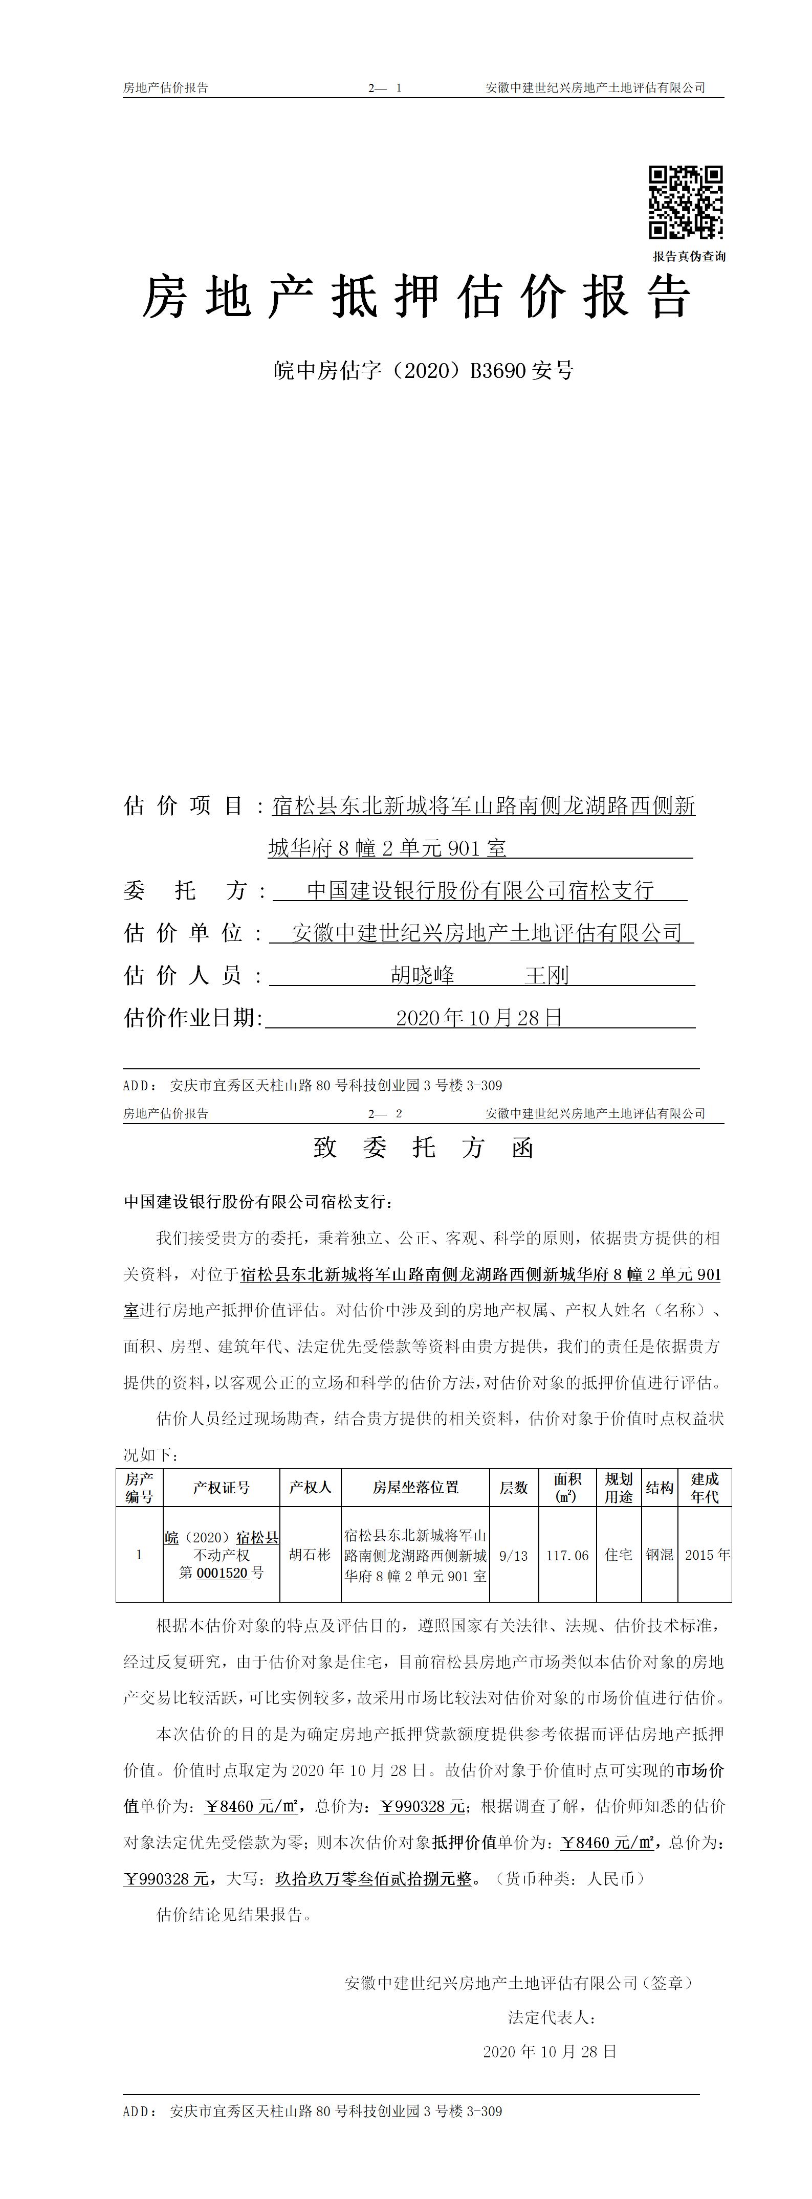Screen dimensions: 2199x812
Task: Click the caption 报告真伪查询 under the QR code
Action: (689, 256)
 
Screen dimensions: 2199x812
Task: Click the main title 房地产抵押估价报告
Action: (416, 298)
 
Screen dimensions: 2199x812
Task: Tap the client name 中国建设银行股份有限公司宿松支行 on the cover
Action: (480, 890)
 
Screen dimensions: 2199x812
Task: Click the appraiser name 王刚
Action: (546, 975)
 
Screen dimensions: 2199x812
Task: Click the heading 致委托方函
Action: (424, 1148)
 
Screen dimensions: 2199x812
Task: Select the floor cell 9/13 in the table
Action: (513, 1555)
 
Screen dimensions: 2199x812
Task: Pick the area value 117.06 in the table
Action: (567, 1555)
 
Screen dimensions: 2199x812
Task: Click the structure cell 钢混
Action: (659, 1555)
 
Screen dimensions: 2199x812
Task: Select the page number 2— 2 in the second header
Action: (385, 1113)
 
